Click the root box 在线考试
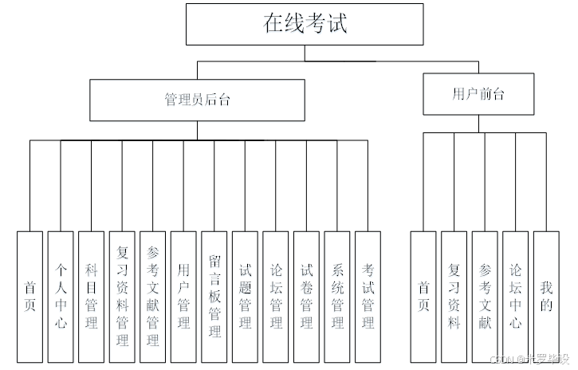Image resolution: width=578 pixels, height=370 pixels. click(x=305, y=24)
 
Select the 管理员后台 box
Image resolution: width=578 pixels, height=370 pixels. click(x=197, y=100)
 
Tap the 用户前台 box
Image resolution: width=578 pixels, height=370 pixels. click(x=478, y=94)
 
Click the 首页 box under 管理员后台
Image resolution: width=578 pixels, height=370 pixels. click(x=29, y=297)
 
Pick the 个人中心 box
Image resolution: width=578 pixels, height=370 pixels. click(x=61, y=297)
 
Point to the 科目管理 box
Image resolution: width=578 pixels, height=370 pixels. click(x=91, y=297)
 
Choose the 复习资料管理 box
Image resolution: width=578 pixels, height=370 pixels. click(x=122, y=297)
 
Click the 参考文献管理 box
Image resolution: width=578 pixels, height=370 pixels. click(x=152, y=297)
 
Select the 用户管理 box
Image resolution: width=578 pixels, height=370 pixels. click(x=183, y=297)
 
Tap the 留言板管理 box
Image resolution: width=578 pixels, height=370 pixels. click(x=214, y=297)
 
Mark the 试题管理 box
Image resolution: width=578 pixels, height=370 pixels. click(x=245, y=297)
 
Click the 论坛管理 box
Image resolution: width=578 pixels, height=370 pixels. click(x=276, y=297)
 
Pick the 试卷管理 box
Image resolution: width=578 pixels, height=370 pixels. click(x=306, y=297)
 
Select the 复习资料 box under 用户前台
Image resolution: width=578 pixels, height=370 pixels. click(x=454, y=297)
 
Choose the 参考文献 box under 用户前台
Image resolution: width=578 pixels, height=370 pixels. click(x=485, y=297)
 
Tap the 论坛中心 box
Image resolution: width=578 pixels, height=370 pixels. click(x=515, y=297)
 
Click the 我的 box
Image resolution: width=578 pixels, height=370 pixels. click(x=545, y=297)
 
